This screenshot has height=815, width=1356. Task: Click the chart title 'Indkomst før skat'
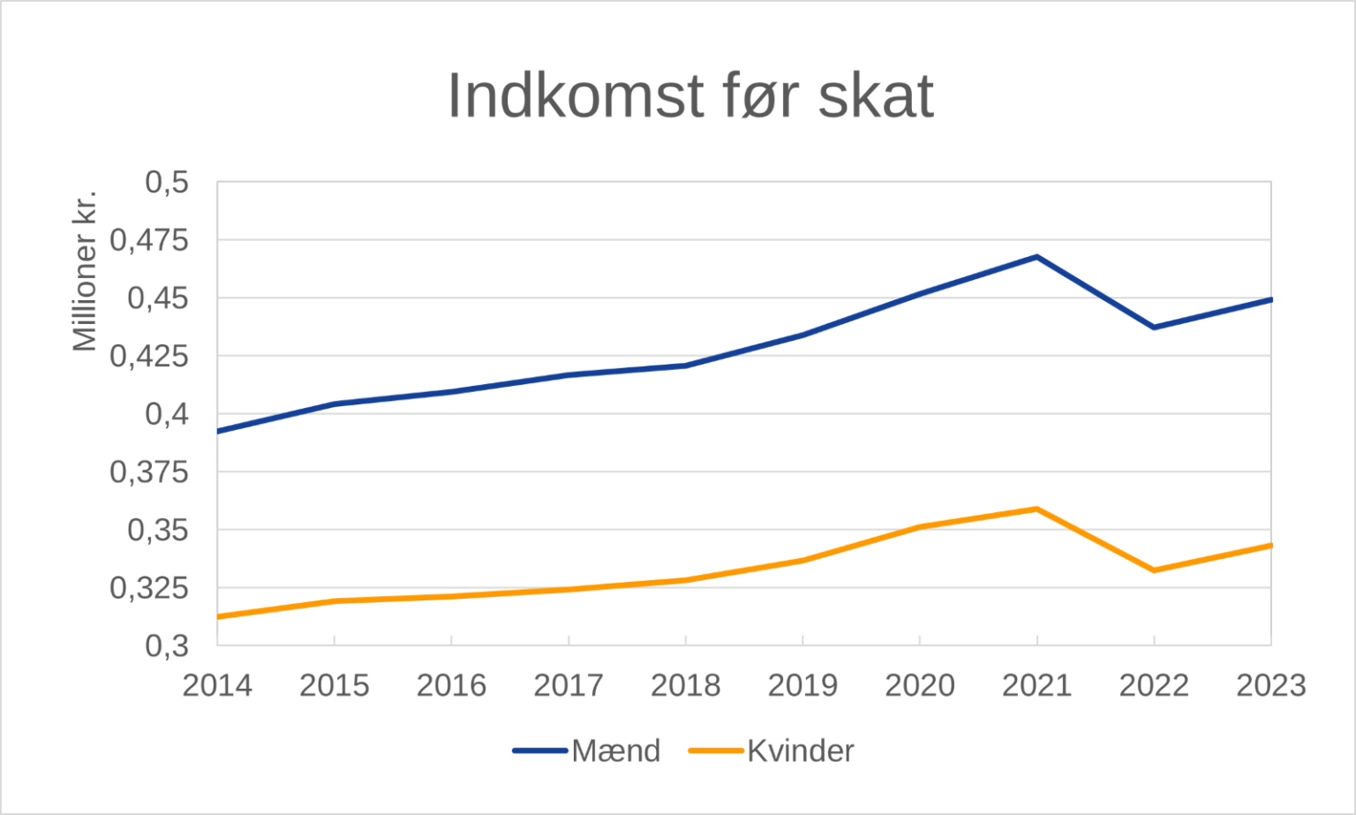689,95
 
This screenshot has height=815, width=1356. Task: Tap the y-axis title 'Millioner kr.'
85,270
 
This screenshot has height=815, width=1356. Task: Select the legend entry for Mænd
588,751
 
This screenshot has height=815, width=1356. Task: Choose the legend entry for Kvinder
772,751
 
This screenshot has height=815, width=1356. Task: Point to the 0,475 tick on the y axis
149,240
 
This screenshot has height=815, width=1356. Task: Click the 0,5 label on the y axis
167,183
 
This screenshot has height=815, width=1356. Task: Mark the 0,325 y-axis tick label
149,588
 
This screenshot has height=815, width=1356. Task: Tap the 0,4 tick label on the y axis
167,414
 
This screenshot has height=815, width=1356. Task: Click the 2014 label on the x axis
217,685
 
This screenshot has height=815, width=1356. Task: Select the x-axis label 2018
686,685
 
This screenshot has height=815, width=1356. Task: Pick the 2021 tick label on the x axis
1036,685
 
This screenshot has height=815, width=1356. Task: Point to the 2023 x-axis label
1270,685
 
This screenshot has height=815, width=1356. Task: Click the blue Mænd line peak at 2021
1036,257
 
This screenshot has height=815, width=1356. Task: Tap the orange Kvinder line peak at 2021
1036,509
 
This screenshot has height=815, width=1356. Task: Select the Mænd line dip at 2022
1154,328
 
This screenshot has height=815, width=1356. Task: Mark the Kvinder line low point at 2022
1154,570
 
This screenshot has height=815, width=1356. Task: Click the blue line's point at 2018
686,366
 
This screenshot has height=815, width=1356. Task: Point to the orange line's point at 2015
335,600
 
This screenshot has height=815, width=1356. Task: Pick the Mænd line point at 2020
920,293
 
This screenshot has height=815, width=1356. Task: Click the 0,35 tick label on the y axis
158,530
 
